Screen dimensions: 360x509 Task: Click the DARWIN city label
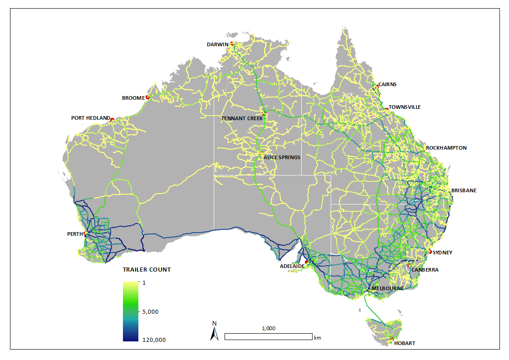(217, 44)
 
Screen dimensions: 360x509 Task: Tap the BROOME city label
(133, 98)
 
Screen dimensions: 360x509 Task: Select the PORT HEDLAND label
(90, 118)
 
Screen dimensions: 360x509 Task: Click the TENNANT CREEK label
(241, 118)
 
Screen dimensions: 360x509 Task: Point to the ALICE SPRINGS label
(282, 157)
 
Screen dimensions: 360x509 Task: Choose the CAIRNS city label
(387, 84)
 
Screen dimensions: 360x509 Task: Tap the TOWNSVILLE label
(405, 107)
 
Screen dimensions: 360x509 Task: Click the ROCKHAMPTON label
(446, 148)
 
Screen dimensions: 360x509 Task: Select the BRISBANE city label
(464, 190)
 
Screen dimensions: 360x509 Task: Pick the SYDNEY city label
(442, 253)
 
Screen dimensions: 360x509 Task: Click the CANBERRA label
(426, 270)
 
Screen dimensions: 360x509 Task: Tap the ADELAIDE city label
(292, 266)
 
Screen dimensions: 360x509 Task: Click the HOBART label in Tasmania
(404, 343)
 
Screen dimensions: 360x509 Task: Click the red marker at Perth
(85, 234)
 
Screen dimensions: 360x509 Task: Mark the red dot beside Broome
(147, 97)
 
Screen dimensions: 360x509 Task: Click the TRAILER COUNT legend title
(147, 269)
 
